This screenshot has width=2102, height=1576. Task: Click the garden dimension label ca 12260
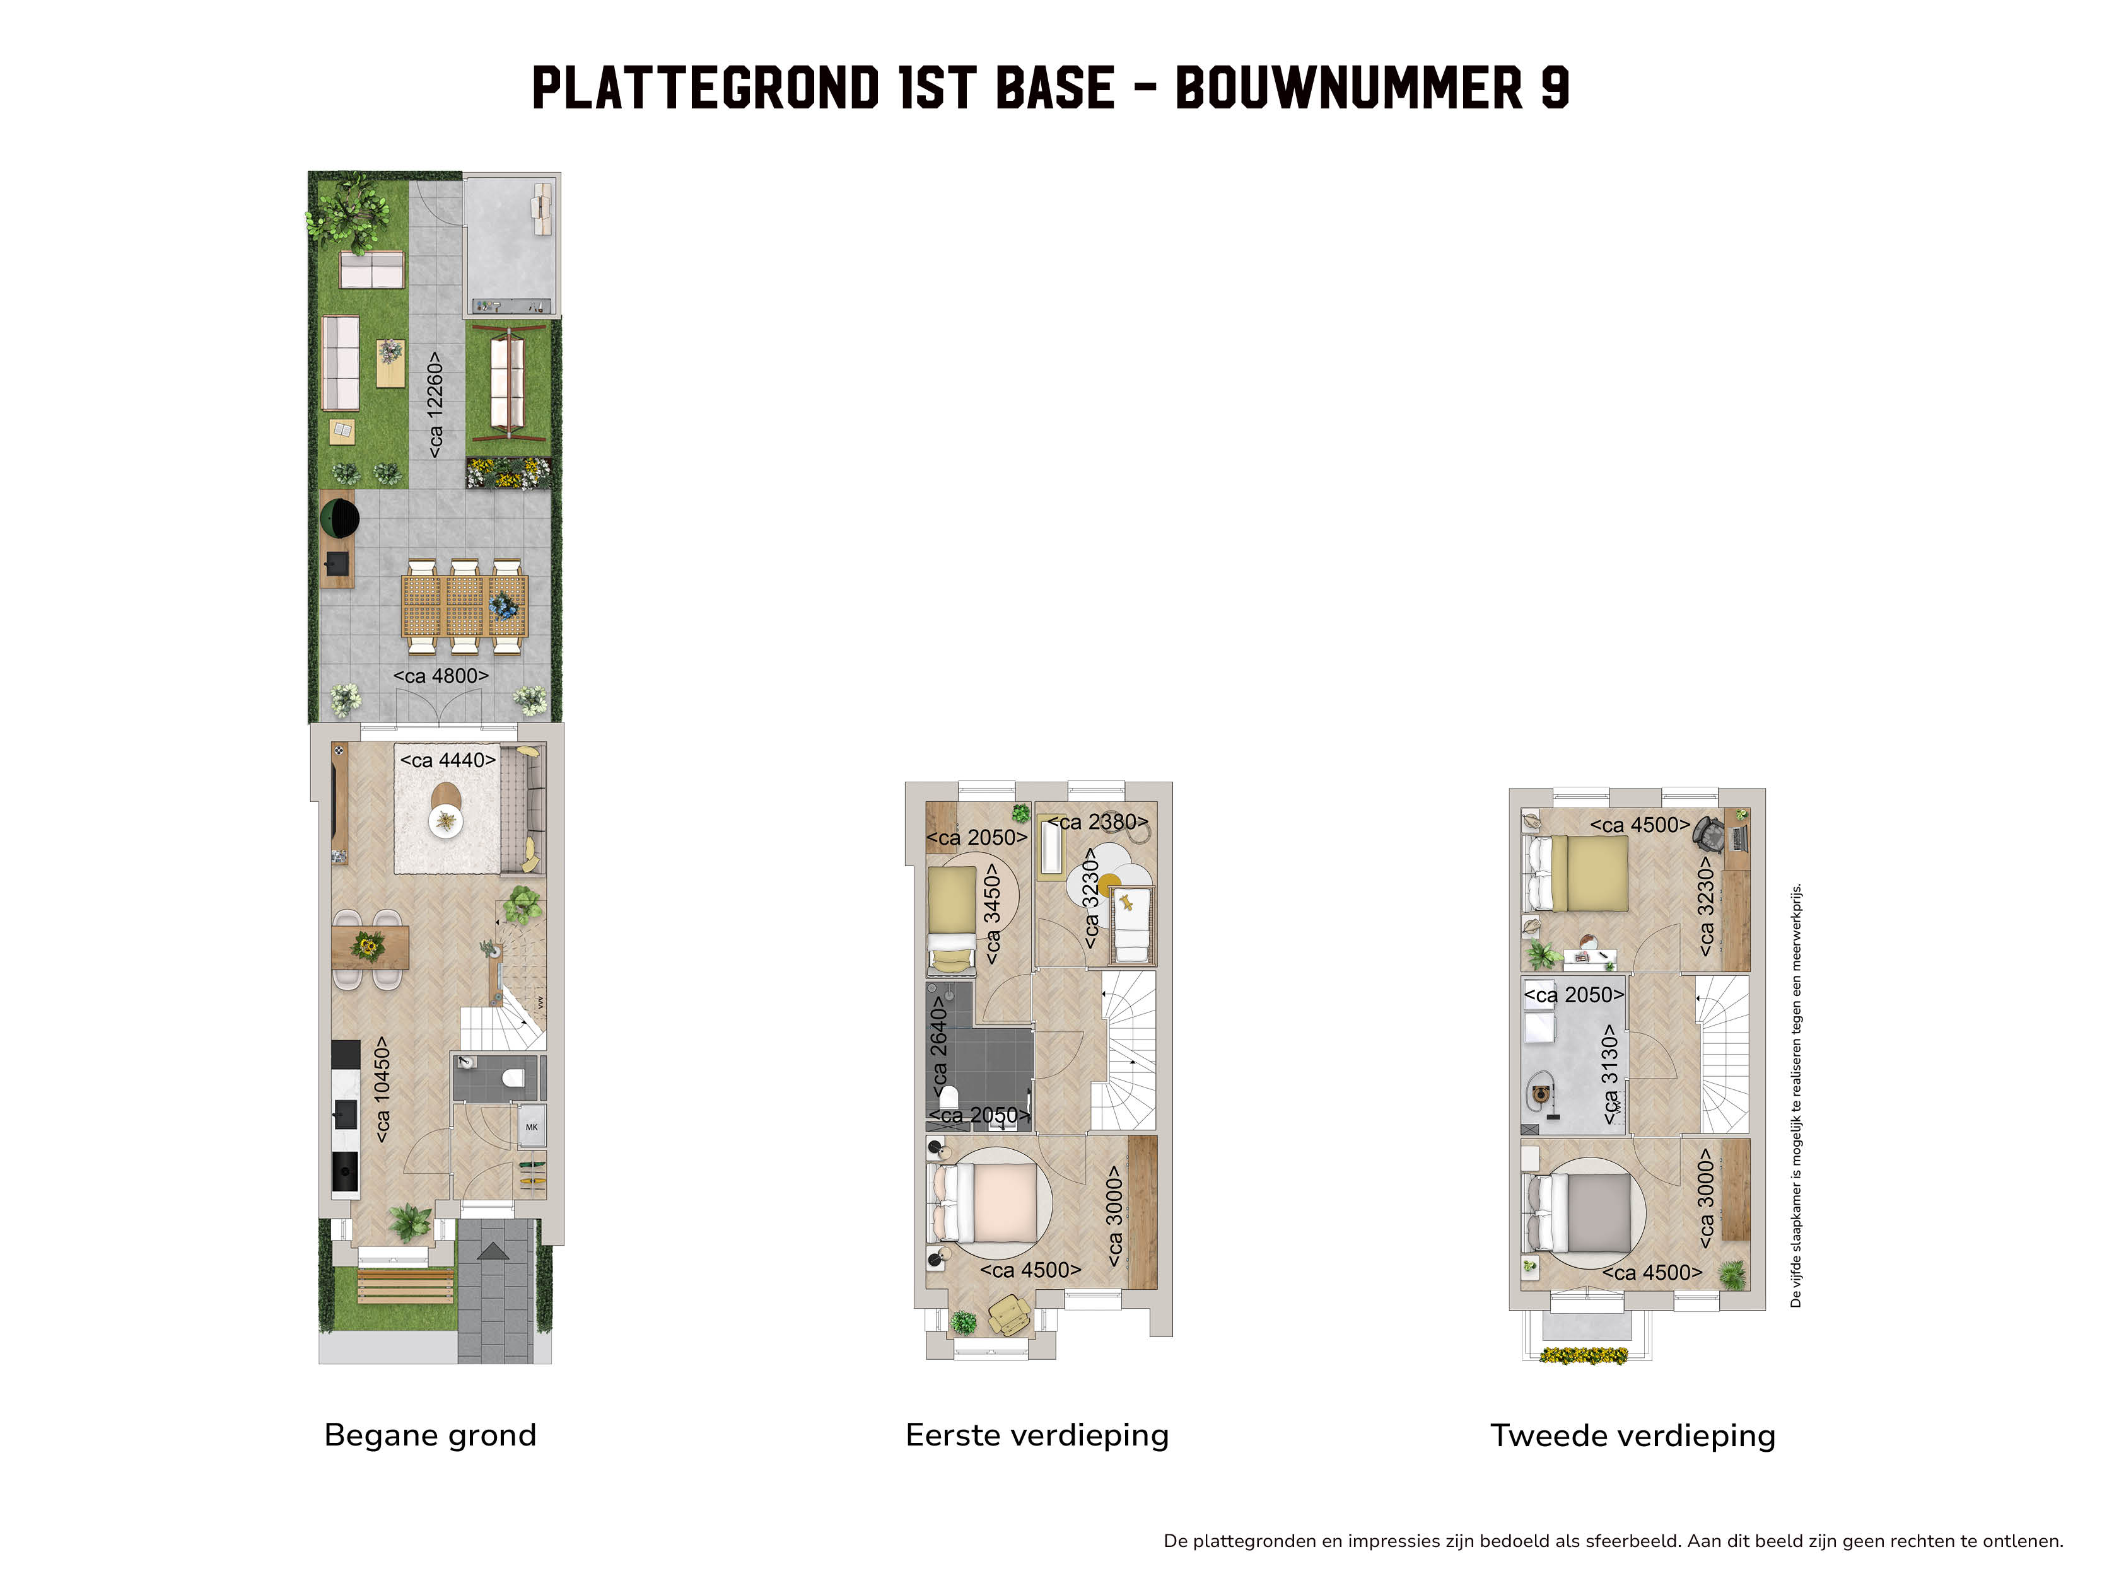click(435, 405)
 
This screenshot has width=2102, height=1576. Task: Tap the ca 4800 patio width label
click(441, 676)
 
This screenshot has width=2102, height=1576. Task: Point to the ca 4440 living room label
click(448, 761)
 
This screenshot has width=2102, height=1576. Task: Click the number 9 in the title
click(1554, 88)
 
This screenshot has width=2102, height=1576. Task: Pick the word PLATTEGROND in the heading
click(705, 88)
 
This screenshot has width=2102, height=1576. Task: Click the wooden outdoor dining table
click(465, 606)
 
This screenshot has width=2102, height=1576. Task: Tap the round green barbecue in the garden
click(339, 519)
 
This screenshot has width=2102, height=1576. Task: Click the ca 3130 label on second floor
click(1609, 1074)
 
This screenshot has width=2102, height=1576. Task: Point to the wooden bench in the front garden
click(406, 1286)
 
